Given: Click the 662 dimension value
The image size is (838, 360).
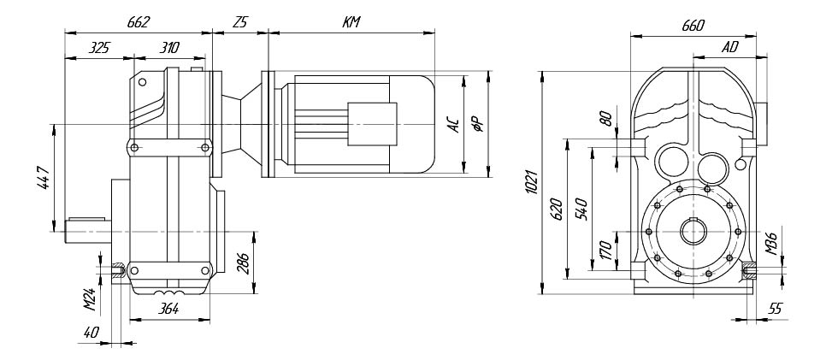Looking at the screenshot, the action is click(x=139, y=22).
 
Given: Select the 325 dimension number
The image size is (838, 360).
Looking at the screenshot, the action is click(x=99, y=48).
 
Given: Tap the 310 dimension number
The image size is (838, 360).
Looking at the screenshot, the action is click(x=169, y=48).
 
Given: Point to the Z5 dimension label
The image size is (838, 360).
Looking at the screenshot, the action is click(x=241, y=22).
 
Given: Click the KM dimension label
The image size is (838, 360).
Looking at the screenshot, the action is click(x=351, y=22).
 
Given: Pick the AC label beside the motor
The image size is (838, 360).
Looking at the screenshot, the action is click(x=452, y=125).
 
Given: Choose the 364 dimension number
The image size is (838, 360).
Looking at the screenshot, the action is click(x=168, y=310).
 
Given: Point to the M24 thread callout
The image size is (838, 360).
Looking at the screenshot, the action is click(x=91, y=298).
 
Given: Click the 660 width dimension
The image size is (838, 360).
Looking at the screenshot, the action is click(x=693, y=25).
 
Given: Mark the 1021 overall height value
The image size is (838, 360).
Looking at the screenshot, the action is click(x=531, y=182).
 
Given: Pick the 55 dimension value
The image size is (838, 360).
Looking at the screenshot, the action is click(x=775, y=309).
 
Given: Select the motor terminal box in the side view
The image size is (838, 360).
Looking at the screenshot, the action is click(x=373, y=124).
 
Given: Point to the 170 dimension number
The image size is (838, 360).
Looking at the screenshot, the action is click(x=605, y=250).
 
